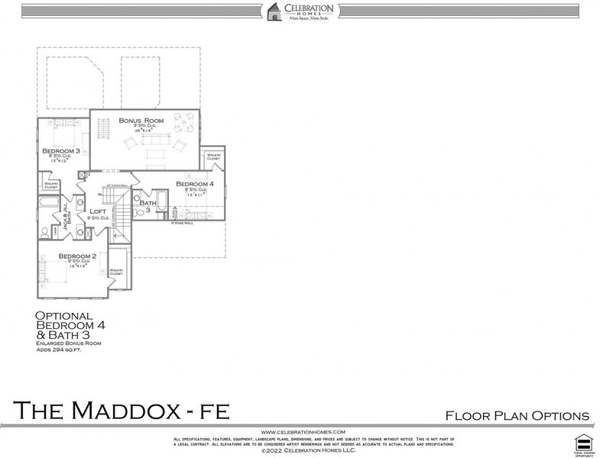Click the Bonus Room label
pyautogui.click(x=141, y=121)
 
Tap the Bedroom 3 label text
pyautogui.click(x=61, y=150)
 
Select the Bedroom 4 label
pyautogui.click(x=195, y=184)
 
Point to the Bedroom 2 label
pyautogui.click(x=76, y=256)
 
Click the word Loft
pyautogui.click(x=98, y=211)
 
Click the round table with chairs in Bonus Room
pyautogui.click(x=184, y=119)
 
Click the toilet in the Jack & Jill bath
pyautogui.click(x=47, y=231)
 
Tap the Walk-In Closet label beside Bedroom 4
pyautogui.click(x=213, y=156)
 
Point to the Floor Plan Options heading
pyautogui.click(x=517, y=415)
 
